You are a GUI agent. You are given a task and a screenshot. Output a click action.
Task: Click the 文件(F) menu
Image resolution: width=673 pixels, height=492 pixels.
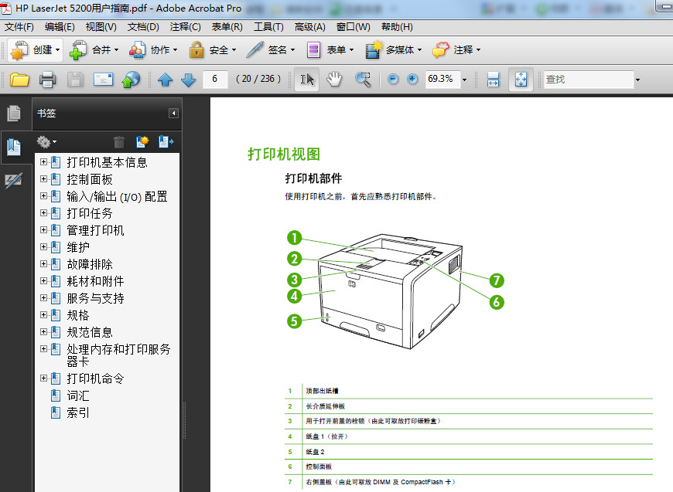coord(19,27)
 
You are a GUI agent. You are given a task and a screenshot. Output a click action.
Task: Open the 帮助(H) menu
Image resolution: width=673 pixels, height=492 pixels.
coord(397,27)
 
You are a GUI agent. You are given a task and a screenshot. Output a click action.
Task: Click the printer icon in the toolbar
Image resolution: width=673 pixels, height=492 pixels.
coord(47,79)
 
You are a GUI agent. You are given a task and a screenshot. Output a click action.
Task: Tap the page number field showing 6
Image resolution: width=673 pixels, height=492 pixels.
coord(215,79)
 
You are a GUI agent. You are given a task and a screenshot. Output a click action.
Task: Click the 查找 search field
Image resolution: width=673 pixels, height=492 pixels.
coord(588,79)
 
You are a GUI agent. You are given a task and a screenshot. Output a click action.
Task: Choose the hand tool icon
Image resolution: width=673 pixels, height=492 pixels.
coord(334,79)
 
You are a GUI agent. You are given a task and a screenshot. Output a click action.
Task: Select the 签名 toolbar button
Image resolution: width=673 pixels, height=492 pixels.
coord(270,50)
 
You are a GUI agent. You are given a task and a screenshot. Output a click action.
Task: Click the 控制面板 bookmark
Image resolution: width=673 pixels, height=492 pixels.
coord(90,179)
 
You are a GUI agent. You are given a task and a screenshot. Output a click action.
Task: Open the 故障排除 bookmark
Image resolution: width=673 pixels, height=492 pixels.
coord(90,264)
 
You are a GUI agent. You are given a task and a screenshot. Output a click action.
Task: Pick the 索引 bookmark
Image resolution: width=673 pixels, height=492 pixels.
coord(78,412)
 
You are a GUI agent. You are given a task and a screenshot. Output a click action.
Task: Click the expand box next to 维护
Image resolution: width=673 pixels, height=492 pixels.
coord(44,247)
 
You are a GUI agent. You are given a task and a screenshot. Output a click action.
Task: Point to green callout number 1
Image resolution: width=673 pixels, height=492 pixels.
coord(294,239)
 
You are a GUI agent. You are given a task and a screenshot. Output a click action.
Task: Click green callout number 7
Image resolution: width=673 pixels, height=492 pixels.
coord(497,280)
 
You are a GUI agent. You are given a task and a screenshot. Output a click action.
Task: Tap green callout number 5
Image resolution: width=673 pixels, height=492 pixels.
coord(294,321)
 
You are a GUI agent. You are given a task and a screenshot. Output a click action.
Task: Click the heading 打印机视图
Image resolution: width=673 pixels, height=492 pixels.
coord(283,154)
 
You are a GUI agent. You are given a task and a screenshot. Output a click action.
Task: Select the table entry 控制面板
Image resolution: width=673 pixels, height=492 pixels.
coord(319,467)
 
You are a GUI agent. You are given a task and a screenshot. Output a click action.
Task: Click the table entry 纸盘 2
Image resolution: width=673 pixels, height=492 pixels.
coord(316,451)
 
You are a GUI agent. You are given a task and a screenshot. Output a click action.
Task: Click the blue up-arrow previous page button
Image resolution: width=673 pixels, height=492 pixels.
coord(165,79)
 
